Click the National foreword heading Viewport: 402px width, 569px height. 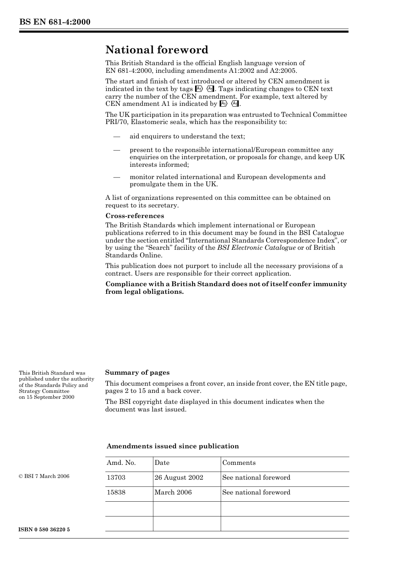tap(157, 50)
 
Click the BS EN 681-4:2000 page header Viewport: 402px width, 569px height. tap(55, 22)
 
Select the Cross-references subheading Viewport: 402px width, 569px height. tap(135, 216)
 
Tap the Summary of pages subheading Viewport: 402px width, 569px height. tap(137, 373)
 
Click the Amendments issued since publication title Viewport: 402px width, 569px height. tap(173, 446)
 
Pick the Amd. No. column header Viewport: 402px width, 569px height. tap(121, 463)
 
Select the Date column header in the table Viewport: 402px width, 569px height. tap(162, 463)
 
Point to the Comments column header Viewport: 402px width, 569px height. tap(239, 463)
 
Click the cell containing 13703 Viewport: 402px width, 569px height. tap(116, 478)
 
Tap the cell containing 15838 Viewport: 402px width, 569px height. tap(116, 492)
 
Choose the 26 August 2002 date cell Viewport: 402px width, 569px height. tap(179, 478)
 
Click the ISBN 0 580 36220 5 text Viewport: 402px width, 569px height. tap(44, 530)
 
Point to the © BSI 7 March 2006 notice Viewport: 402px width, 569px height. tap(44, 476)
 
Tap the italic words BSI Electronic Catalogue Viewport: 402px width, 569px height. tap(256, 248)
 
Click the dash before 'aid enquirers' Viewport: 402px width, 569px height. tap(117, 136)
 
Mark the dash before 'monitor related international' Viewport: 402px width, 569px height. tap(117, 177)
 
